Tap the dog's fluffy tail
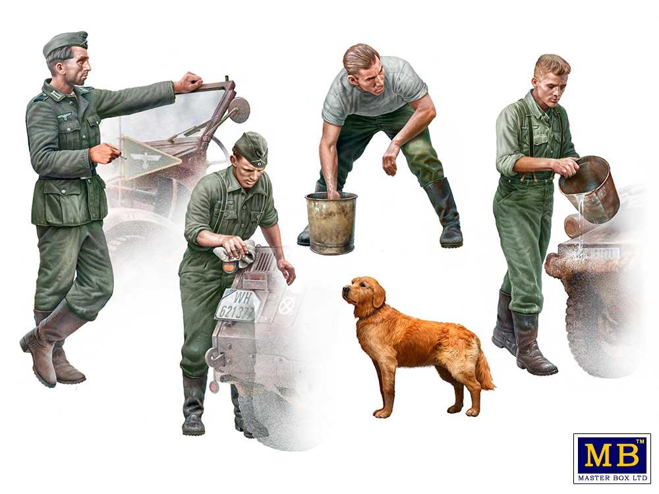tap(484, 369)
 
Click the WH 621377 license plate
tap(235, 305)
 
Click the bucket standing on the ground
tap(331, 223)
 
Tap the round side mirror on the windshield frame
tap(240, 110)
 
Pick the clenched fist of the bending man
tap(389, 164)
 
